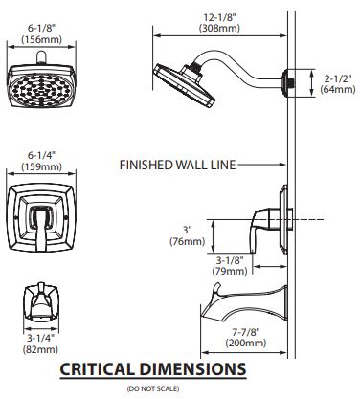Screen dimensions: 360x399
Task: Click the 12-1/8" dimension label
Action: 220,17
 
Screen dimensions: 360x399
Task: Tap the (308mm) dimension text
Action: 219,28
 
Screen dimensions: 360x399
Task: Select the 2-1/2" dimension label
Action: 338,78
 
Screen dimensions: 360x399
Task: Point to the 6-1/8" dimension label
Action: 41,29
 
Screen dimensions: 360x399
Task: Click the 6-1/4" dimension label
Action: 41,156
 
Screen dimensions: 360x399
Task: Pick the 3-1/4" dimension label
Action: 40,338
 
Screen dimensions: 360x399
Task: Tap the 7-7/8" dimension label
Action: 245,332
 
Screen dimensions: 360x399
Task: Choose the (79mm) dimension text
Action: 230,271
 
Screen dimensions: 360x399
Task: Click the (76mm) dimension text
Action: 187,241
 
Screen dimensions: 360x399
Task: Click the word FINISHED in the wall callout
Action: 146,165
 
